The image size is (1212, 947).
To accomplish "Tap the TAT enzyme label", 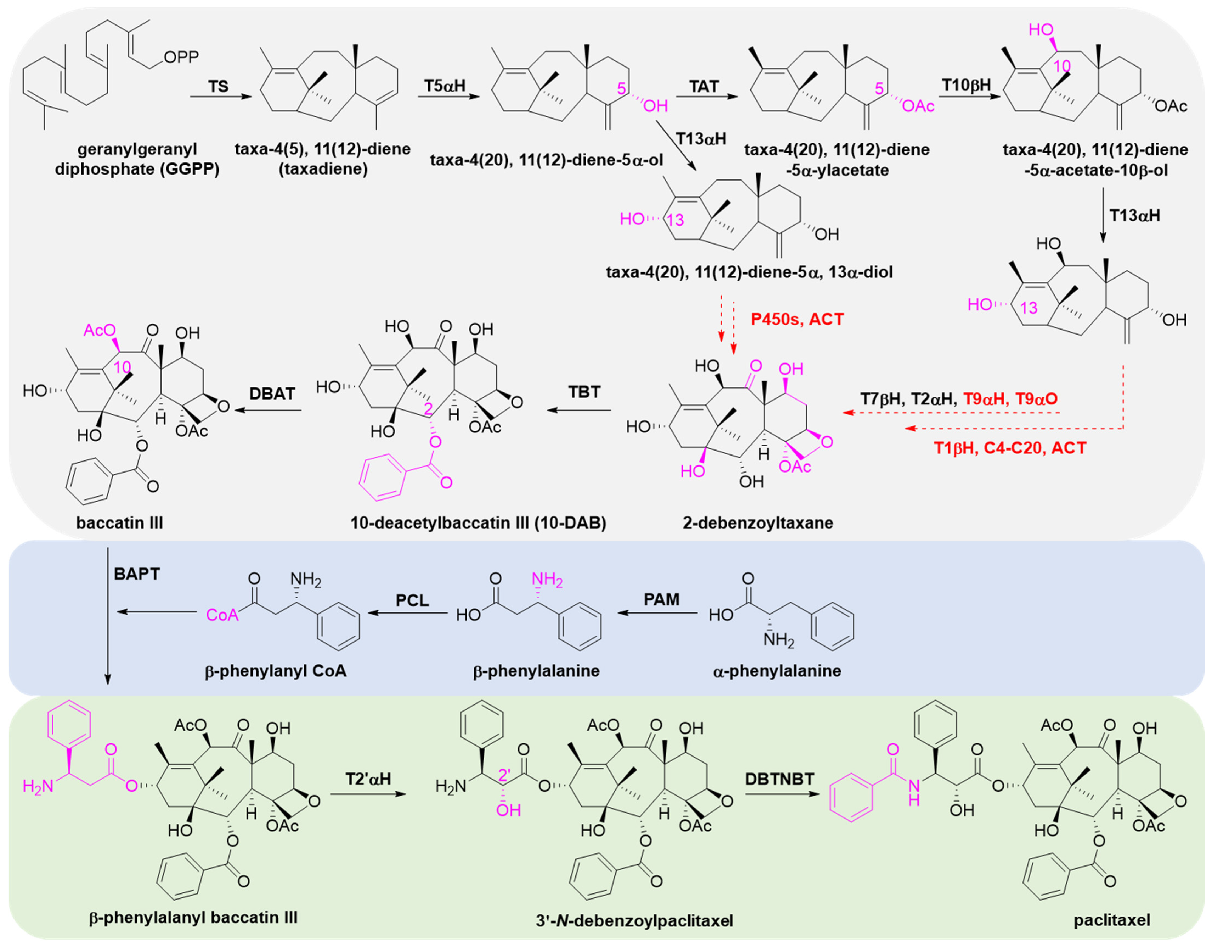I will (x=704, y=86).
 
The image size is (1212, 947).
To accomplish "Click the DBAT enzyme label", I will (x=272, y=394).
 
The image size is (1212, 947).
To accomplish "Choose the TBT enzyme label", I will (x=584, y=392).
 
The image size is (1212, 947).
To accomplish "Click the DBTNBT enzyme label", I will (x=780, y=779).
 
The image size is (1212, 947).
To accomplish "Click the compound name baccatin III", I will (x=120, y=523).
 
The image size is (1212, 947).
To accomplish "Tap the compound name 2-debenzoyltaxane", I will (x=758, y=523).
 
